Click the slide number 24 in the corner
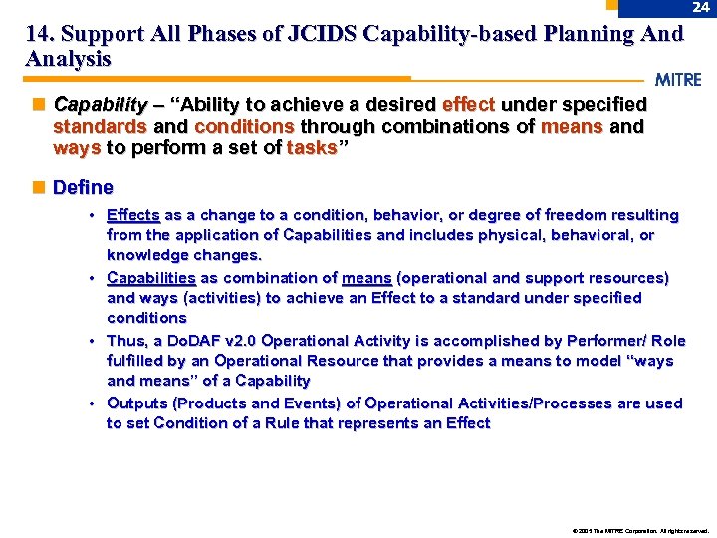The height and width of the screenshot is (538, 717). point(701,8)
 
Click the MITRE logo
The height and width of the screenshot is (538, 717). point(678,80)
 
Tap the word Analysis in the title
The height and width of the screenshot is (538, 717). point(68,59)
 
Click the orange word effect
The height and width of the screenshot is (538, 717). point(468,105)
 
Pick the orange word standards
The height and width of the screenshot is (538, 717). point(100,127)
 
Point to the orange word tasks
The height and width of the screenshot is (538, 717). point(312,148)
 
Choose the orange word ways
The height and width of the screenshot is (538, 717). point(76,148)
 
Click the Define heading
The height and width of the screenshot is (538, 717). point(83,187)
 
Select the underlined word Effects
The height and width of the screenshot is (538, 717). point(133,215)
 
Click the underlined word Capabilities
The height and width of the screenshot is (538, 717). point(151,278)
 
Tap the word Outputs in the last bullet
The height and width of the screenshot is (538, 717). point(136,403)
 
